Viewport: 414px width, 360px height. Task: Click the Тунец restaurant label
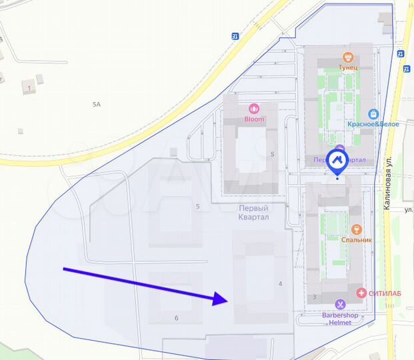click(347, 68)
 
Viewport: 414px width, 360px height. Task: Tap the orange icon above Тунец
click(347, 57)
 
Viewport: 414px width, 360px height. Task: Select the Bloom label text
click(253, 119)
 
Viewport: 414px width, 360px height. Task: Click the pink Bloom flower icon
click(253, 109)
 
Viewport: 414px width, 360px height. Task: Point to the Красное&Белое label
click(373, 125)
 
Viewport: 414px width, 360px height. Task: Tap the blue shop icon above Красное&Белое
click(373, 114)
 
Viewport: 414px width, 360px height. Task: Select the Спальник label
click(357, 239)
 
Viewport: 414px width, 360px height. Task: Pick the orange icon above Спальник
click(357, 229)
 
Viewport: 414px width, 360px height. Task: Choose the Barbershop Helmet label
click(340, 319)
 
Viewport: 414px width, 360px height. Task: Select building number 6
click(176, 318)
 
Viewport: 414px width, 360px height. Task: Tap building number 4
click(280, 284)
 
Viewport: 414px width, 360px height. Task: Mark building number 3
click(313, 297)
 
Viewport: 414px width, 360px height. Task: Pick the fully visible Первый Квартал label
click(254, 213)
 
